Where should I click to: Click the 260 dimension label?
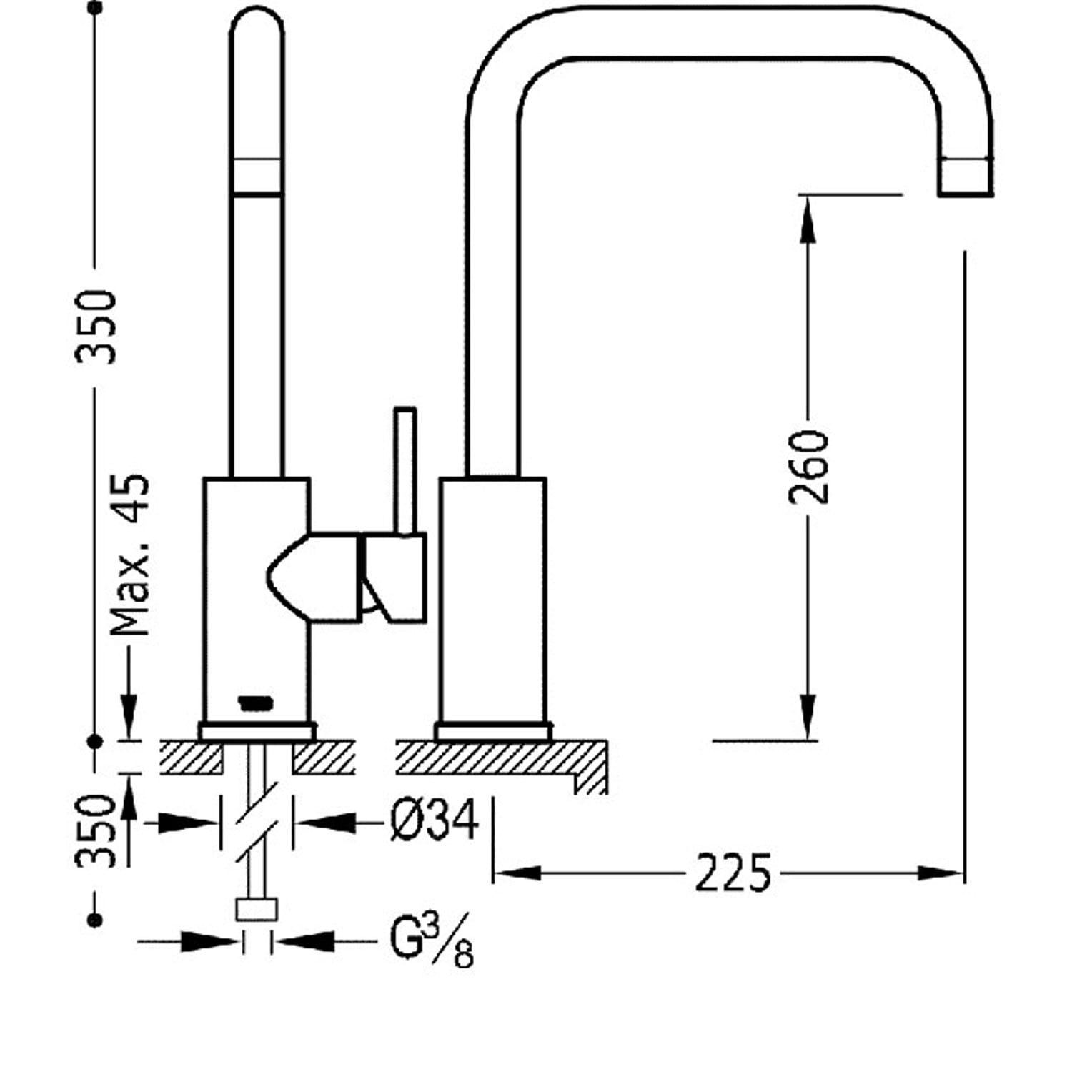tap(809, 467)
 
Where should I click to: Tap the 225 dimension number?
tap(733, 873)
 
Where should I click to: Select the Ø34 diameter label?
tap(435, 821)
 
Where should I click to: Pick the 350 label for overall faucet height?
tap(96, 327)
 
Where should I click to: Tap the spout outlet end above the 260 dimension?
tap(965, 177)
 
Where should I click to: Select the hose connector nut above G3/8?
tap(256, 910)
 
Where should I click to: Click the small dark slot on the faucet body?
tap(254, 704)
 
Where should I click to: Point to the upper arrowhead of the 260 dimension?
tap(808, 218)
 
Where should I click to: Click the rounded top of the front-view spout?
tap(257, 21)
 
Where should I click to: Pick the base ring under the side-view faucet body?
tap(493, 732)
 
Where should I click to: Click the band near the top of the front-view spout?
tap(257, 176)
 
